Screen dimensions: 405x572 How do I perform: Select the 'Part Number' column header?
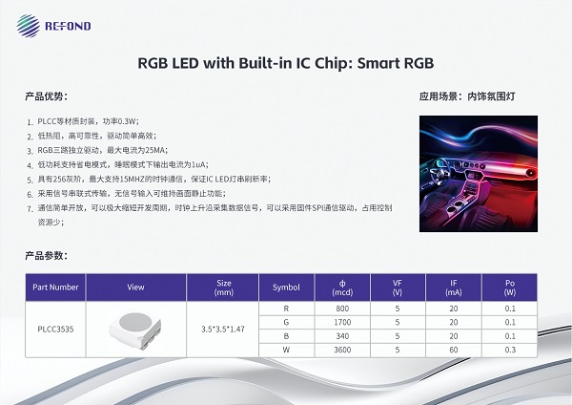tap(55, 286)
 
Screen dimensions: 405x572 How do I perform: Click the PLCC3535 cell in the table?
tap(55, 328)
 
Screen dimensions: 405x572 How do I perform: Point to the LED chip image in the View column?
tap(134, 328)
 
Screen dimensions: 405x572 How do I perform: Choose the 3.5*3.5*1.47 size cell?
tap(224, 328)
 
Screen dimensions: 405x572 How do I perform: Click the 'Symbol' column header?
tap(286, 286)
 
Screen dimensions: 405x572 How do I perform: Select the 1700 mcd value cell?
tap(342, 322)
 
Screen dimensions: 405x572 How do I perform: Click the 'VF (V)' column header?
tap(398, 286)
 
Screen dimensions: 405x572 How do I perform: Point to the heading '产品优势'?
tap(47, 97)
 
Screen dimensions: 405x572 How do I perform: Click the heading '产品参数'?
tap(47, 255)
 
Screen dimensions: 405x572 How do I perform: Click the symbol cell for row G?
tap(286, 322)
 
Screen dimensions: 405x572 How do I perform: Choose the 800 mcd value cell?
tap(342, 309)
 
